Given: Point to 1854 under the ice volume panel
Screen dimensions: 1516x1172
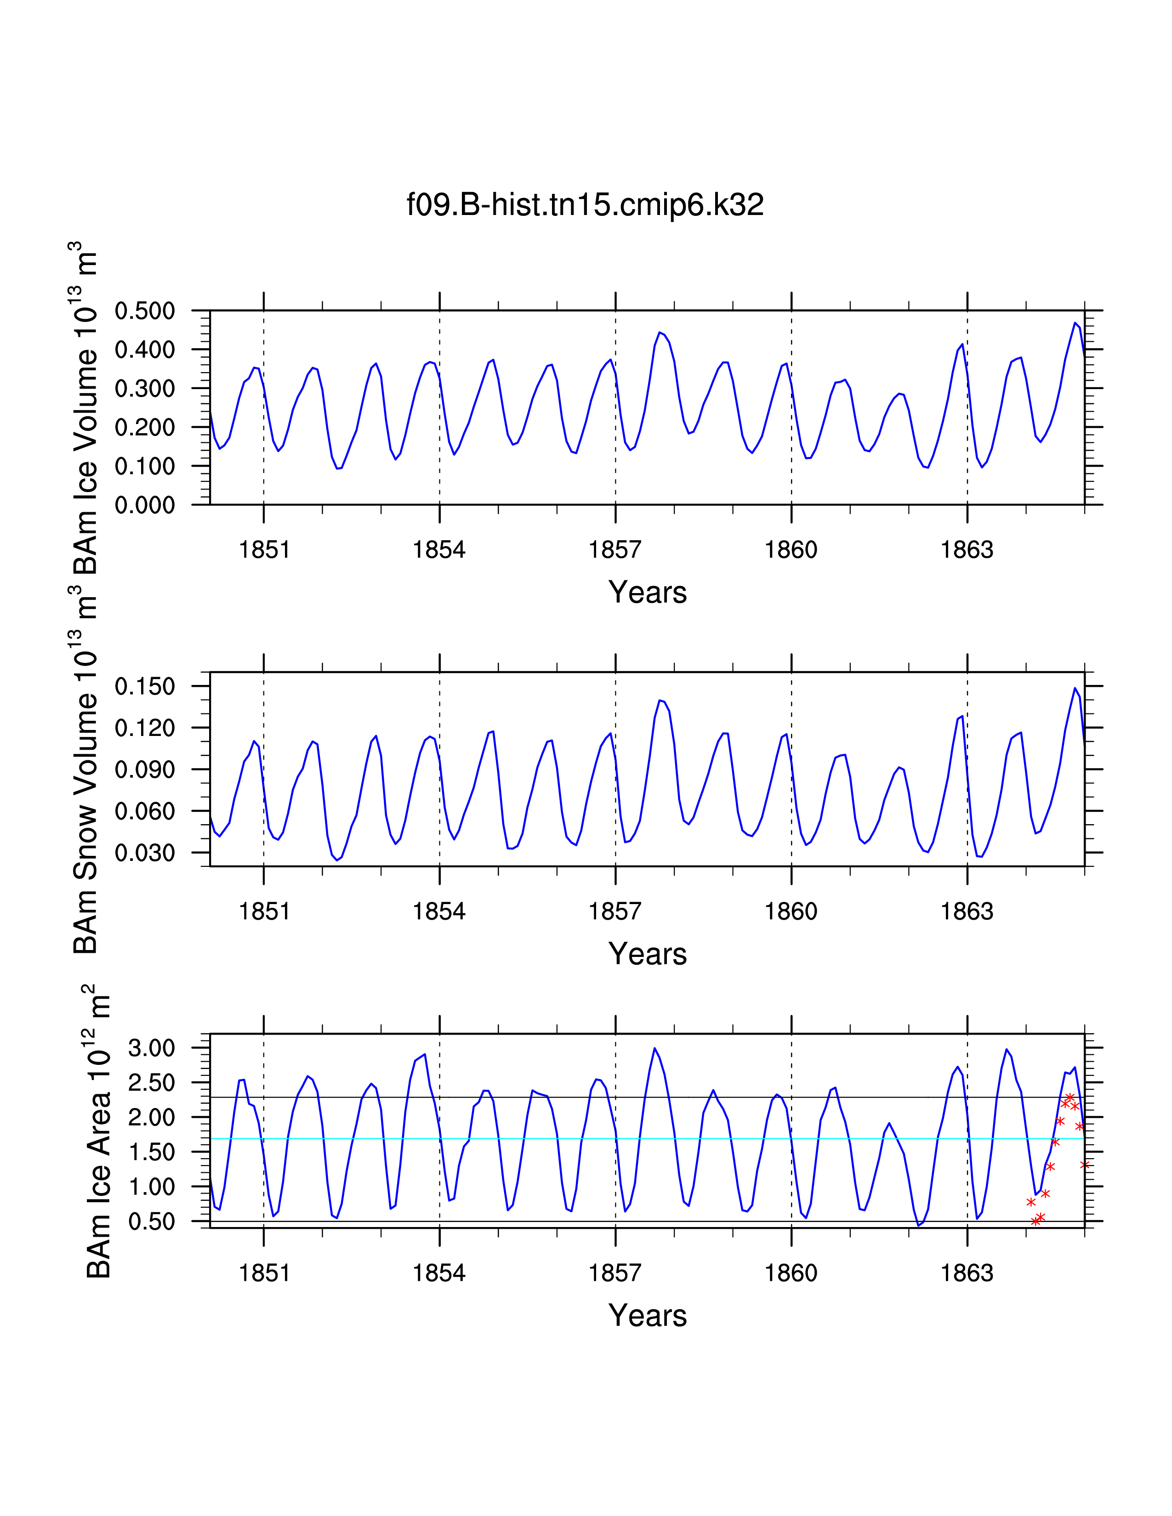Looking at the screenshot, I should click(x=439, y=550).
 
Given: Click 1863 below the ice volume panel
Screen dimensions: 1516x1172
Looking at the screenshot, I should click(x=967, y=550).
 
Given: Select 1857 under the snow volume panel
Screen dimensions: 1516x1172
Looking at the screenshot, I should click(x=615, y=911).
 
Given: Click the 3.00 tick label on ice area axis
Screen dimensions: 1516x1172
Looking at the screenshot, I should click(x=151, y=1048).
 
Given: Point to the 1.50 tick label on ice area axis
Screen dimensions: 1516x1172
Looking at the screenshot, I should click(x=151, y=1152).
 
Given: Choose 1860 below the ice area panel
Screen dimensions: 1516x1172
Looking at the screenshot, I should click(x=791, y=1273).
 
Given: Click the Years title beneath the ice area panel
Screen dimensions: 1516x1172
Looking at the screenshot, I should click(x=647, y=1316).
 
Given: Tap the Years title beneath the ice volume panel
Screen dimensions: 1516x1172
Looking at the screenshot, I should click(x=647, y=593).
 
